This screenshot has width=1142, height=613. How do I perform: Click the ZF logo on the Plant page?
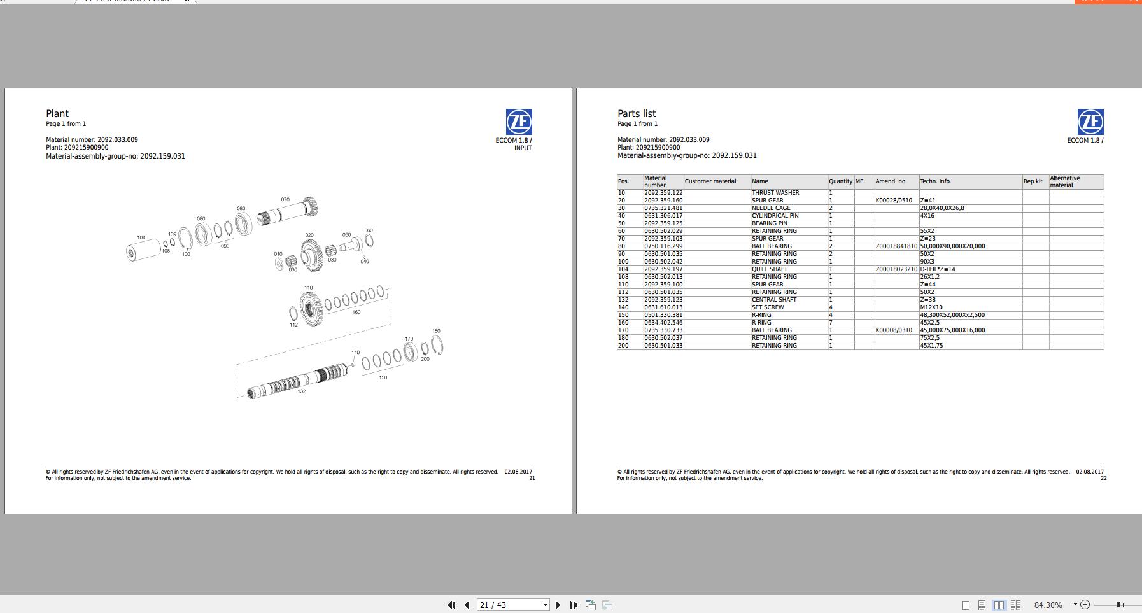[519, 122]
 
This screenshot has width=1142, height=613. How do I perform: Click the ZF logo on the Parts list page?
[1090, 122]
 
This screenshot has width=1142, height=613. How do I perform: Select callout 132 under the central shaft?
[302, 391]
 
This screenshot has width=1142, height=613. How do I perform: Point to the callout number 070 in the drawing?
[285, 200]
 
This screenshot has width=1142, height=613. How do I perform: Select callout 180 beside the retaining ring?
[436, 331]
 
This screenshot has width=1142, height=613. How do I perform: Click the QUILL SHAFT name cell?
[770, 269]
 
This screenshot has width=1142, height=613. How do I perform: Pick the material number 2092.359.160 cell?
[663, 201]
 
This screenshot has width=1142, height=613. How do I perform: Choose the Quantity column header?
[840, 181]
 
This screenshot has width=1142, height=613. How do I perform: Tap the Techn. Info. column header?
[935, 181]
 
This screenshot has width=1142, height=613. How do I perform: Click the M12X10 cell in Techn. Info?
[931, 307]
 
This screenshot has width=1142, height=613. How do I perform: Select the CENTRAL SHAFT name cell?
[774, 300]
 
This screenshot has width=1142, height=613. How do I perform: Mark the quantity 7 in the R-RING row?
[831, 323]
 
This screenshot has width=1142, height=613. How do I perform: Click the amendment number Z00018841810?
[896, 246]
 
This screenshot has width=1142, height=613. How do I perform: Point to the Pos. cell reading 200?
[623, 346]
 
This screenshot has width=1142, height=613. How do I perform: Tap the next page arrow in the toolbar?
[558, 605]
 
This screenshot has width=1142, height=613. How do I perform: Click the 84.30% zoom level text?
[1048, 605]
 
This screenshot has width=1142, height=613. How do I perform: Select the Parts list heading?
[637, 114]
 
